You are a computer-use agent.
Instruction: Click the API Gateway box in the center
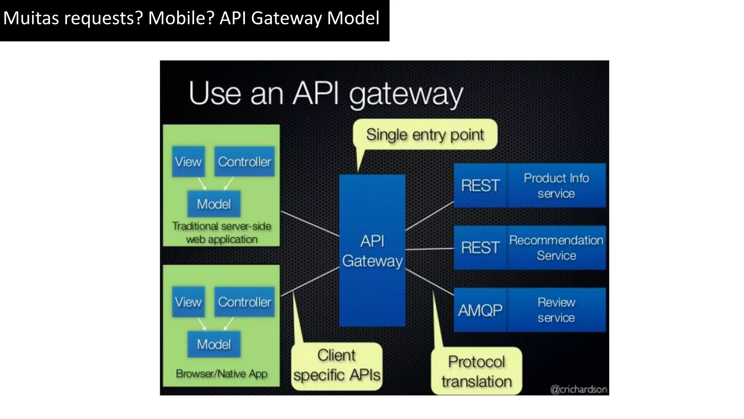(372, 251)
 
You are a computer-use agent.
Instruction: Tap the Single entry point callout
(425, 135)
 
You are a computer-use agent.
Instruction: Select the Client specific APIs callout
(337, 366)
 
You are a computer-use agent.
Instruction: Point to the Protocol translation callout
(476, 371)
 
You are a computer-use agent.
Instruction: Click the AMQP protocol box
(480, 310)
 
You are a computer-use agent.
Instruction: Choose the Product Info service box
(556, 185)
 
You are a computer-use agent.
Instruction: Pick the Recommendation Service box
(556, 248)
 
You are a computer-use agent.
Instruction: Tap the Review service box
(556, 310)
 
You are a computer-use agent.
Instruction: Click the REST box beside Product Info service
(480, 185)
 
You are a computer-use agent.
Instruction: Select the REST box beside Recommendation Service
(480, 248)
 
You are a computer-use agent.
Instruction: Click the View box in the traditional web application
(188, 162)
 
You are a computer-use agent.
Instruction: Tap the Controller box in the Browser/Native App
(244, 302)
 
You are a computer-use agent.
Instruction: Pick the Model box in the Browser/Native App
(214, 344)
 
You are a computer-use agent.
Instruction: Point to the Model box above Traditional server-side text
(214, 204)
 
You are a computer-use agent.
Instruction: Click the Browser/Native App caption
(222, 374)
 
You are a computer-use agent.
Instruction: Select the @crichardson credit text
(579, 390)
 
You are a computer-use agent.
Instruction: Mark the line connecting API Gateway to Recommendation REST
(429, 249)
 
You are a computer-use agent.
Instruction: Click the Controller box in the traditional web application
(244, 162)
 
